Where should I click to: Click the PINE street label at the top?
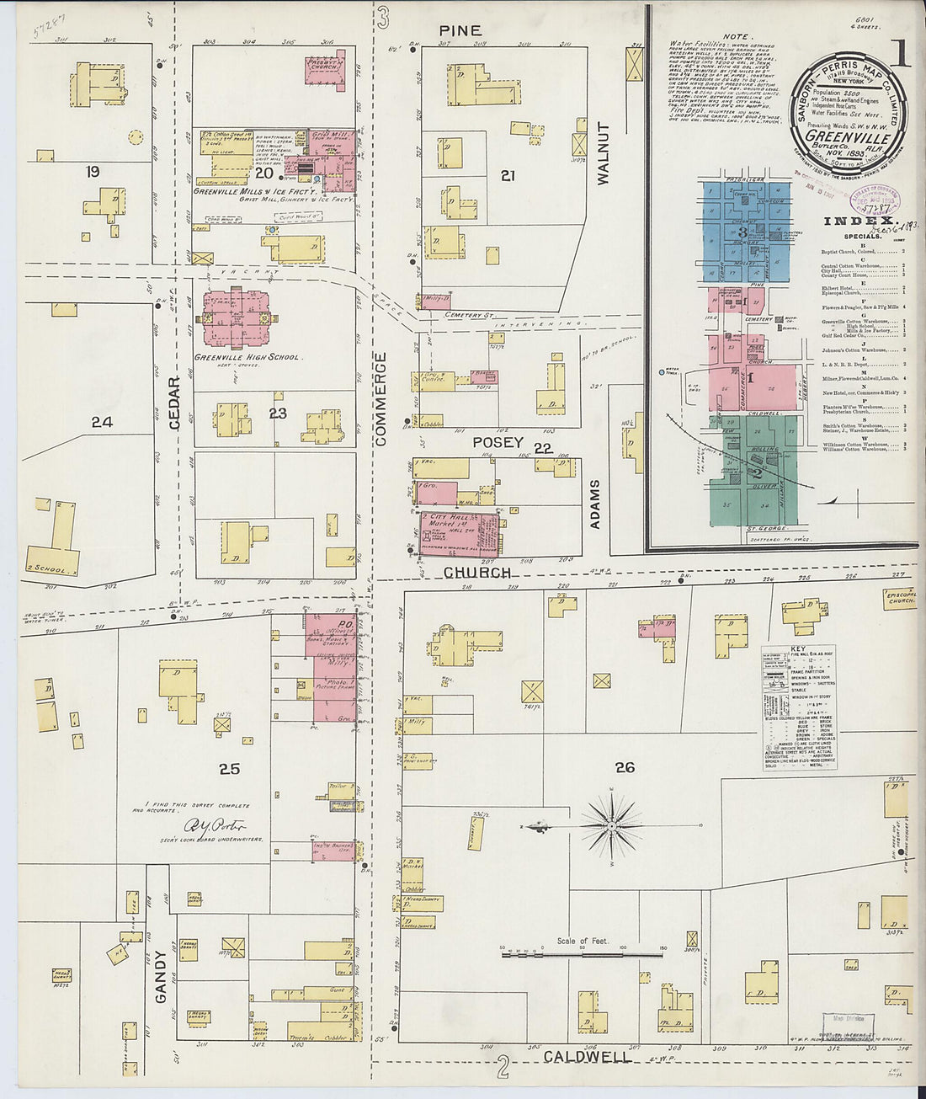460,30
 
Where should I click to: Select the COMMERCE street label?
380,398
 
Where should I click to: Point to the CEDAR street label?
175,403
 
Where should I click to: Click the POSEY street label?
498,442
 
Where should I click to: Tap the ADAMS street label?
595,504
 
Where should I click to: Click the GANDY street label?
161,977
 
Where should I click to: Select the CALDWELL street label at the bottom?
587,1056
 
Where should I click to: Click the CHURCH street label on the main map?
477,573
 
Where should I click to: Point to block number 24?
102,421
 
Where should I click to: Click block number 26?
624,767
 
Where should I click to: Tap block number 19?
93,172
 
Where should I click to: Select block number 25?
229,768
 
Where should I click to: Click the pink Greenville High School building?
237,320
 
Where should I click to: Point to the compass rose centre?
612,825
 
